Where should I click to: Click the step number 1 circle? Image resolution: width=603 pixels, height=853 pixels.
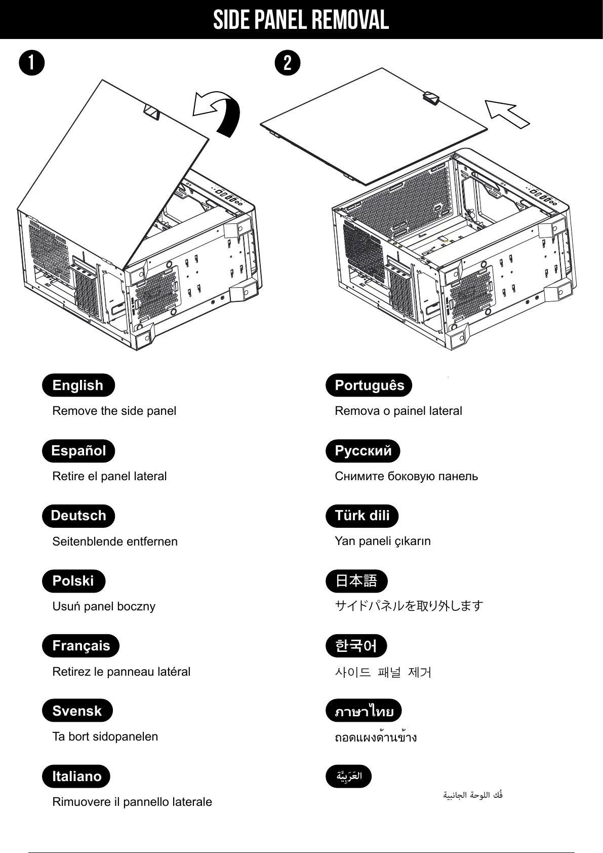31,63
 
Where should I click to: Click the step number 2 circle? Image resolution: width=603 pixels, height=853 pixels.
288,63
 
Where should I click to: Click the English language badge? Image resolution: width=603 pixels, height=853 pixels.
78,385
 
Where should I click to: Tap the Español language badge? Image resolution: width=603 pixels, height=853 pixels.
78,451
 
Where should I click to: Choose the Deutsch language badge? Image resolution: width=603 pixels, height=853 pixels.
78,516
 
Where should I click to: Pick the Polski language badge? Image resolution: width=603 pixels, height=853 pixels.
73,581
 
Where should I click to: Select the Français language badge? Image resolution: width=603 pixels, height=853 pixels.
81,646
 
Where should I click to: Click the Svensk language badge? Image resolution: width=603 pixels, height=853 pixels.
77,711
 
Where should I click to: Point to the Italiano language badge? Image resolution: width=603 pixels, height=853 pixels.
76,776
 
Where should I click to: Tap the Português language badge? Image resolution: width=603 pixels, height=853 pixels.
369,385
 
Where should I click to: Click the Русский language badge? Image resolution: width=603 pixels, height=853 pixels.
363,451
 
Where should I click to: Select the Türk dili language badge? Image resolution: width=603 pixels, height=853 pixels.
362,516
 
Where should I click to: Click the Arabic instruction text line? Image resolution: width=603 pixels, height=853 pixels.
473,795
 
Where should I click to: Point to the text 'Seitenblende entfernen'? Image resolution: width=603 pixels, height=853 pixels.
115,541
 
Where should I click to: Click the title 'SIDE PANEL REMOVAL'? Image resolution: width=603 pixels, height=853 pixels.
301,20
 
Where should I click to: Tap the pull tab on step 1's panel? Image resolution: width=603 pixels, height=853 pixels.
152,112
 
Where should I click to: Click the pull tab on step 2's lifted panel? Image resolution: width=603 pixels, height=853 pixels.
431,98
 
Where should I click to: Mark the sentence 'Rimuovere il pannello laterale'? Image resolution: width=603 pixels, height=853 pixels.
132,802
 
